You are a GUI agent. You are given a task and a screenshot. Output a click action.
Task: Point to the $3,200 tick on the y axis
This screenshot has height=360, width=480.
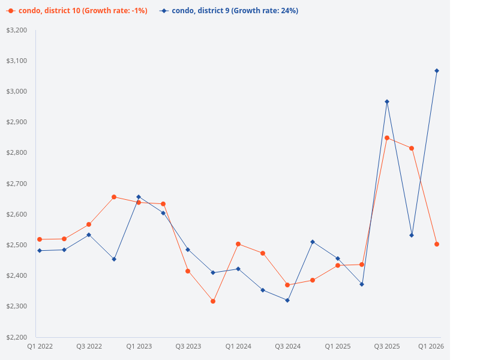16,30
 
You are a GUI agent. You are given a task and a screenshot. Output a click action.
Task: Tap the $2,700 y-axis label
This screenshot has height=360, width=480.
16,184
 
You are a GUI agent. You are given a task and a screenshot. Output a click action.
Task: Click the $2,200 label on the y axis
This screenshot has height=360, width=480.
16,337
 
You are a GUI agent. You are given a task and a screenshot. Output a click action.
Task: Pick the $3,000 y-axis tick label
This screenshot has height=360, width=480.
16,91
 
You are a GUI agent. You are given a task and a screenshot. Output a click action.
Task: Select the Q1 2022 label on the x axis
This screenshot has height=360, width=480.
40,346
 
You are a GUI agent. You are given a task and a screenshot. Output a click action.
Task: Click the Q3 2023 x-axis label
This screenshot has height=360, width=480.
188,346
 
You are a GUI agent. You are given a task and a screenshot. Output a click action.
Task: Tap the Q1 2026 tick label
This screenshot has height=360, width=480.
431,346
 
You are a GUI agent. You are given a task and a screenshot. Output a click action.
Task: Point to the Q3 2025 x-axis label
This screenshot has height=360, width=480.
387,346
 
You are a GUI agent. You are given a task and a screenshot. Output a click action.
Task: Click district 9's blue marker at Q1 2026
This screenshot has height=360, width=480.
437,71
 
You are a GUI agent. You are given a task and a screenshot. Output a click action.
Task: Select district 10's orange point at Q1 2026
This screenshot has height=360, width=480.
437,244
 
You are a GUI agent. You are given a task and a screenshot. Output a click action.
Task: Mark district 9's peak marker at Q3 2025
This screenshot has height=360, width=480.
387,101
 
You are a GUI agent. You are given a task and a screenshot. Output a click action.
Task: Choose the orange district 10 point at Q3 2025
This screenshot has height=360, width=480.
387,138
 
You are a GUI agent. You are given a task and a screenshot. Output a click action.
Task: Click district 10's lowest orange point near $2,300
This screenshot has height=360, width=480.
213,301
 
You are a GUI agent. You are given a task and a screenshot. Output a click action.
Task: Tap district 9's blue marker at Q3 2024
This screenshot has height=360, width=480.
287,300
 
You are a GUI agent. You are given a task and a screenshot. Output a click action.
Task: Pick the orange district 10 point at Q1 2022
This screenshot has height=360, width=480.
40,239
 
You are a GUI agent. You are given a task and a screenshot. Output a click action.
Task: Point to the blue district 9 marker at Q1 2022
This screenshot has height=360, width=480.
40,251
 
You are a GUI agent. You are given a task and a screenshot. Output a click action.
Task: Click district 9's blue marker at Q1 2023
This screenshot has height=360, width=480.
139,197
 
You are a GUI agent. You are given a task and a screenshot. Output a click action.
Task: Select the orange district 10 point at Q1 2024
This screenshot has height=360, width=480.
238,244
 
